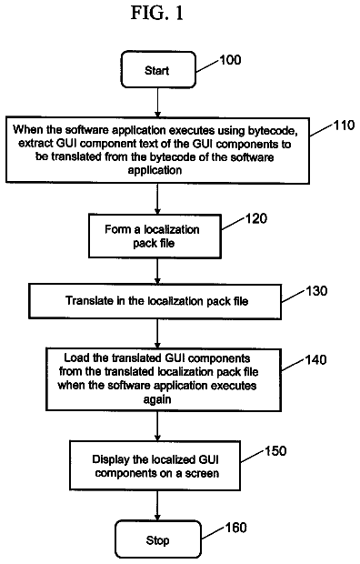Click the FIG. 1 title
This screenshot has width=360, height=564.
click(x=156, y=14)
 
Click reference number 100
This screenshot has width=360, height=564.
click(x=230, y=60)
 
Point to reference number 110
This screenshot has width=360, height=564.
click(x=345, y=126)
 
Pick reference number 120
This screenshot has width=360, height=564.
click(x=256, y=218)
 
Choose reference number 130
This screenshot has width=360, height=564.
click(x=316, y=290)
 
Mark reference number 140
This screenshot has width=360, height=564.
click(x=315, y=359)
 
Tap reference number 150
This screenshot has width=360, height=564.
click(x=275, y=450)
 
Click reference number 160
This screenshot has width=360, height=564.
click(x=236, y=528)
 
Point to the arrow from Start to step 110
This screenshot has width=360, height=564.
click(x=157, y=103)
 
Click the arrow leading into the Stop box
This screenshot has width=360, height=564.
click(x=157, y=506)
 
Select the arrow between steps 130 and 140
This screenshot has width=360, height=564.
click(x=157, y=334)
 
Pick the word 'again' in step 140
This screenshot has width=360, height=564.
click(x=157, y=400)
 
